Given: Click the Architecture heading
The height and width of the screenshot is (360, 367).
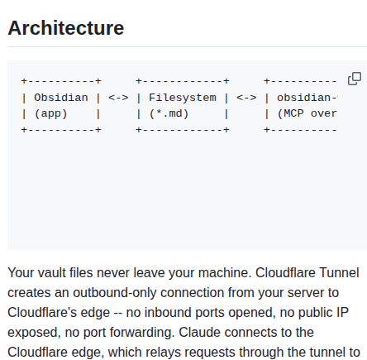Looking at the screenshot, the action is click(66, 28).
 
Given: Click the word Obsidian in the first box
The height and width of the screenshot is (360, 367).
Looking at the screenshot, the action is click(61, 98).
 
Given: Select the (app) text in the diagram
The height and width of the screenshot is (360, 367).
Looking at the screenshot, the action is click(51, 114).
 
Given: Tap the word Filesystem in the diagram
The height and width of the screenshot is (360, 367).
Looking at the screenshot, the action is click(183, 98).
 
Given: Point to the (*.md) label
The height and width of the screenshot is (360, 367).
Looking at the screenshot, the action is click(169, 114).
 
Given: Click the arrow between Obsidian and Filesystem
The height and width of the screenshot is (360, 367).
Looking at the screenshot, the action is click(118, 98).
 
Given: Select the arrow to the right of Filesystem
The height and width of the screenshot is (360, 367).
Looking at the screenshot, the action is click(246, 98).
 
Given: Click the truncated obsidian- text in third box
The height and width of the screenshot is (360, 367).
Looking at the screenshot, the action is click(307, 98).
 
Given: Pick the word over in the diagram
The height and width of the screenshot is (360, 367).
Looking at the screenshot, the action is click(324, 114).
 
